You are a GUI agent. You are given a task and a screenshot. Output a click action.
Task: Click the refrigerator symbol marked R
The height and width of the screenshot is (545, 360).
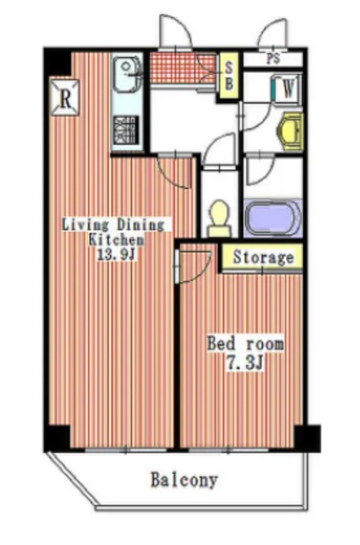click(65, 98)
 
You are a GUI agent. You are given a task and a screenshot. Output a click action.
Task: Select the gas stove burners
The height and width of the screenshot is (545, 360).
click(126, 130)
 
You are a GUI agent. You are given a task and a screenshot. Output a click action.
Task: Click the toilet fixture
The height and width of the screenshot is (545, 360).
click(220, 219)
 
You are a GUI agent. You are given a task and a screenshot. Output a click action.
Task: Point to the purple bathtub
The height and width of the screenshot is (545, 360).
click(272, 218)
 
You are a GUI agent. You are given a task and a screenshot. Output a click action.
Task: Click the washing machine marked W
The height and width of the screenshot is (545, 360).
click(286, 89)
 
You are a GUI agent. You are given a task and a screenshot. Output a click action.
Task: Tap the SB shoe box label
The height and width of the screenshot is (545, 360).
click(229, 76)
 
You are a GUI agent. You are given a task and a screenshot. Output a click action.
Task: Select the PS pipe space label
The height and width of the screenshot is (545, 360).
click(273, 59)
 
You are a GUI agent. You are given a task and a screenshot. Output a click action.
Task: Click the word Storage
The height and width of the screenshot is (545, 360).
click(263, 257)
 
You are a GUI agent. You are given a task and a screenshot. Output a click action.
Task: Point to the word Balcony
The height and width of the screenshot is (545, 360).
click(184, 480)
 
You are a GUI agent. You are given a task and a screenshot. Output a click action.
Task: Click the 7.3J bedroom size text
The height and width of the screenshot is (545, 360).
click(244, 364)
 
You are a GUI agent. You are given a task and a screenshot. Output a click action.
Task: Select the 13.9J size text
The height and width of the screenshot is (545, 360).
click(116, 255)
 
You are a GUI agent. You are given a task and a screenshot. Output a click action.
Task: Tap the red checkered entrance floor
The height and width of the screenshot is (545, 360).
click(183, 68)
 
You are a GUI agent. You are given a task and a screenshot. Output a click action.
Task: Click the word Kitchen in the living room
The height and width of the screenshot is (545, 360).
click(117, 239)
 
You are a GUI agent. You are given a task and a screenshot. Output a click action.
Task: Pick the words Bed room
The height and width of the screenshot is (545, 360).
click(246, 344)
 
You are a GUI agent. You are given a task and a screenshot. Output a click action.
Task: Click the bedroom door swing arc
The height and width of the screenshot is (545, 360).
click(203, 271)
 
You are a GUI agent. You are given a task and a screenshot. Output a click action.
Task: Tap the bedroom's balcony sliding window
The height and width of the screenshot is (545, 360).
click(229, 450)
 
